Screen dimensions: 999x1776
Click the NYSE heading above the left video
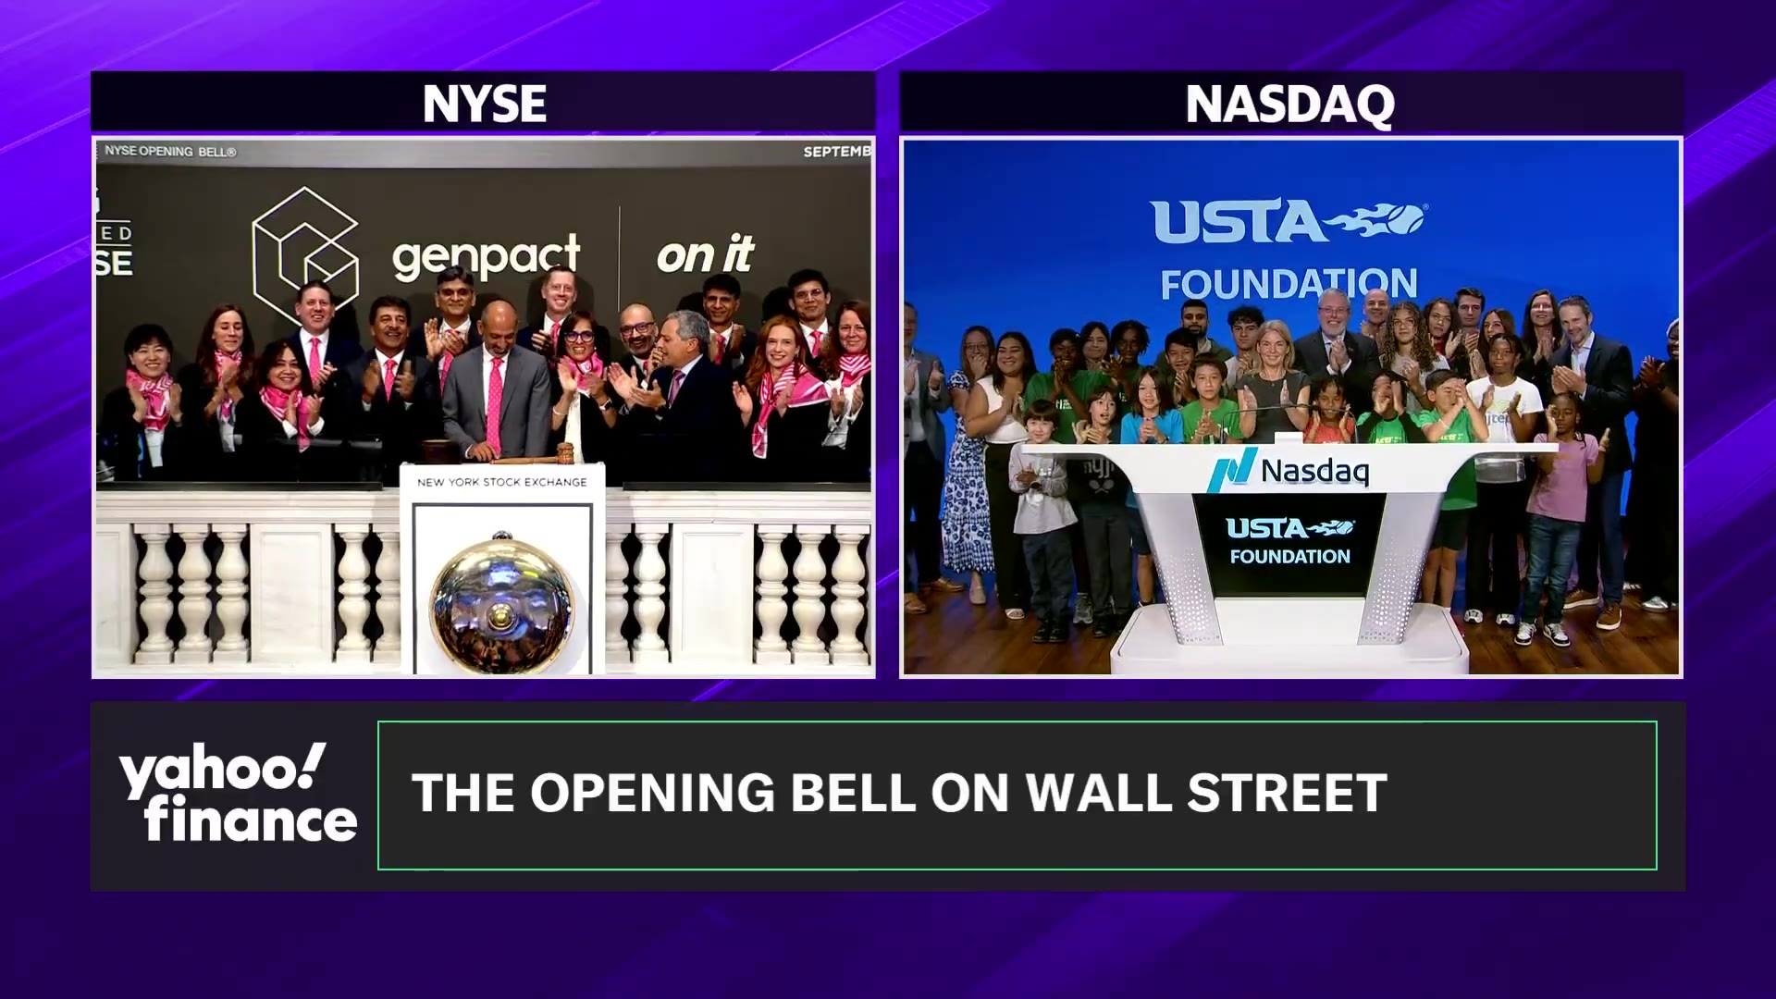tap(484, 104)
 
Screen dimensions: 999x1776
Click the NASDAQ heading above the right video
tap(1289, 104)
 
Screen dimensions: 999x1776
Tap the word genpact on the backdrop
tap(486, 256)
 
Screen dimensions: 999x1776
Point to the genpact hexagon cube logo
tap(305, 250)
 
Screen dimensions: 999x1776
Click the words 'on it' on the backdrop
tap(705, 254)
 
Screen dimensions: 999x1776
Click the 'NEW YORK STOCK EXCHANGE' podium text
tap(501, 482)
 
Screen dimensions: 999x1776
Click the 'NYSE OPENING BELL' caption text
tap(170, 151)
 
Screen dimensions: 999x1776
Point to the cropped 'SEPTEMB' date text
tap(836, 152)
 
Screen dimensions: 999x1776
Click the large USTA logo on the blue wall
tap(1289, 222)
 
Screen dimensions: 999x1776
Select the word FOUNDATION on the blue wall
tap(1289, 284)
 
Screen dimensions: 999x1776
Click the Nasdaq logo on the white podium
tap(1289, 471)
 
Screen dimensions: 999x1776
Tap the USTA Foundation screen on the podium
tap(1289, 542)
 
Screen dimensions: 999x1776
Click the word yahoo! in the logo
tap(222, 770)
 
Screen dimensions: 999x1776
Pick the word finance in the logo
tap(250, 820)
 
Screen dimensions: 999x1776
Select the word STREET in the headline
tap(1287, 794)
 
